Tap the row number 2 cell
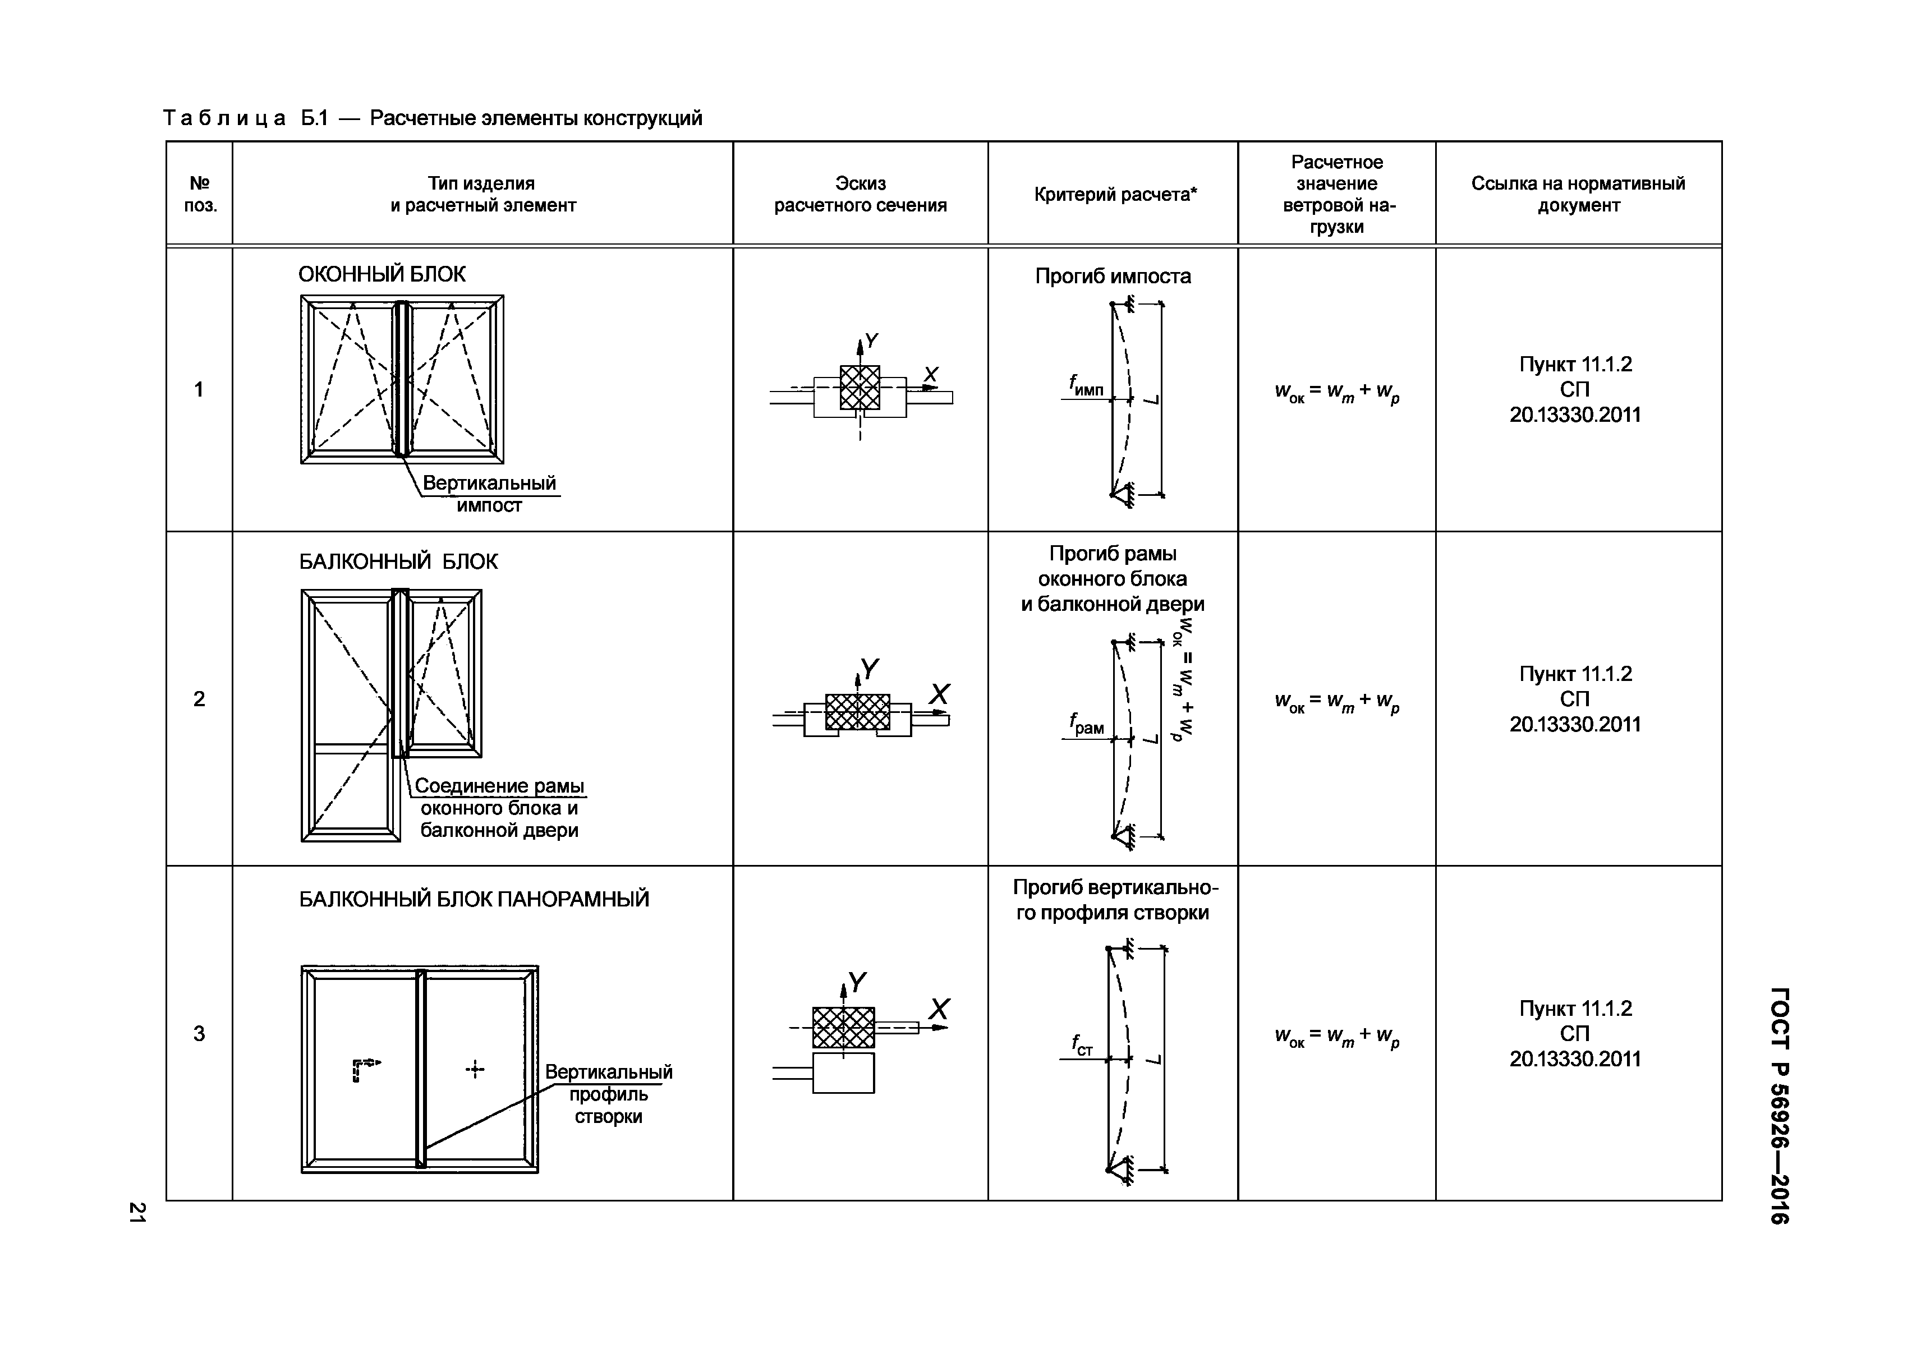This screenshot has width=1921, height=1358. tap(199, 699)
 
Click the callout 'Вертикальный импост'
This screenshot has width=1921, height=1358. tap(489, 494)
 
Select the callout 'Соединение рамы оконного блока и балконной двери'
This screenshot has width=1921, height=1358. tap(499, 807)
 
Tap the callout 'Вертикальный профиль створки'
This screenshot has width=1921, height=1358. tap(608, 1094)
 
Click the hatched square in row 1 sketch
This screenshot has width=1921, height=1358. tap(860, 388)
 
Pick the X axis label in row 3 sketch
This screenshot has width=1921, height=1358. tap(939, 1009)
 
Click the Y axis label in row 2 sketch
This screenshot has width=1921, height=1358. tap(870, 669)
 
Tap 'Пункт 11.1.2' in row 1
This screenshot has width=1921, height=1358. tap(1575, 365)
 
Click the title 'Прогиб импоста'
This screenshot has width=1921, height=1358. tap(1113, 276)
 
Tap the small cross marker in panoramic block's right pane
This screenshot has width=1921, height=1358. tap(475, 1069)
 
